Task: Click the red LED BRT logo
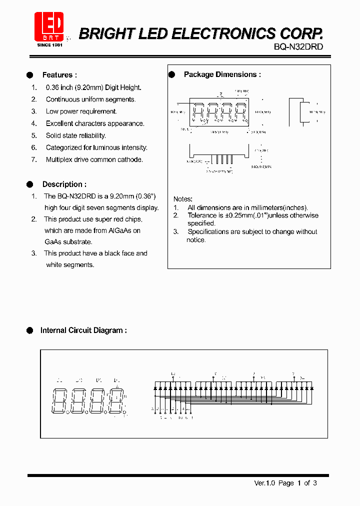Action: coord(49,27)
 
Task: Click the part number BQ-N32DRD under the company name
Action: coord(298,46)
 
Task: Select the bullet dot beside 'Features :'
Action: coord(29,75)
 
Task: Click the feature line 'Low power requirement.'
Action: coord(81,111)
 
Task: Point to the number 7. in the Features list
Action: coord(34,159)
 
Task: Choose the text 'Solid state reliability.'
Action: coord(76,135)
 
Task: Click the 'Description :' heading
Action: coord(64,184)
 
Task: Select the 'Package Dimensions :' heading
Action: coord(222,74)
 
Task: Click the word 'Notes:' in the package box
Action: coord(182,199)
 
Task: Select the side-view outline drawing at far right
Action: coord(298,112)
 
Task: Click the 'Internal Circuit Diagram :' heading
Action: coord(83,330)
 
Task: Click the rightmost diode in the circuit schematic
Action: coord(311,388)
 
